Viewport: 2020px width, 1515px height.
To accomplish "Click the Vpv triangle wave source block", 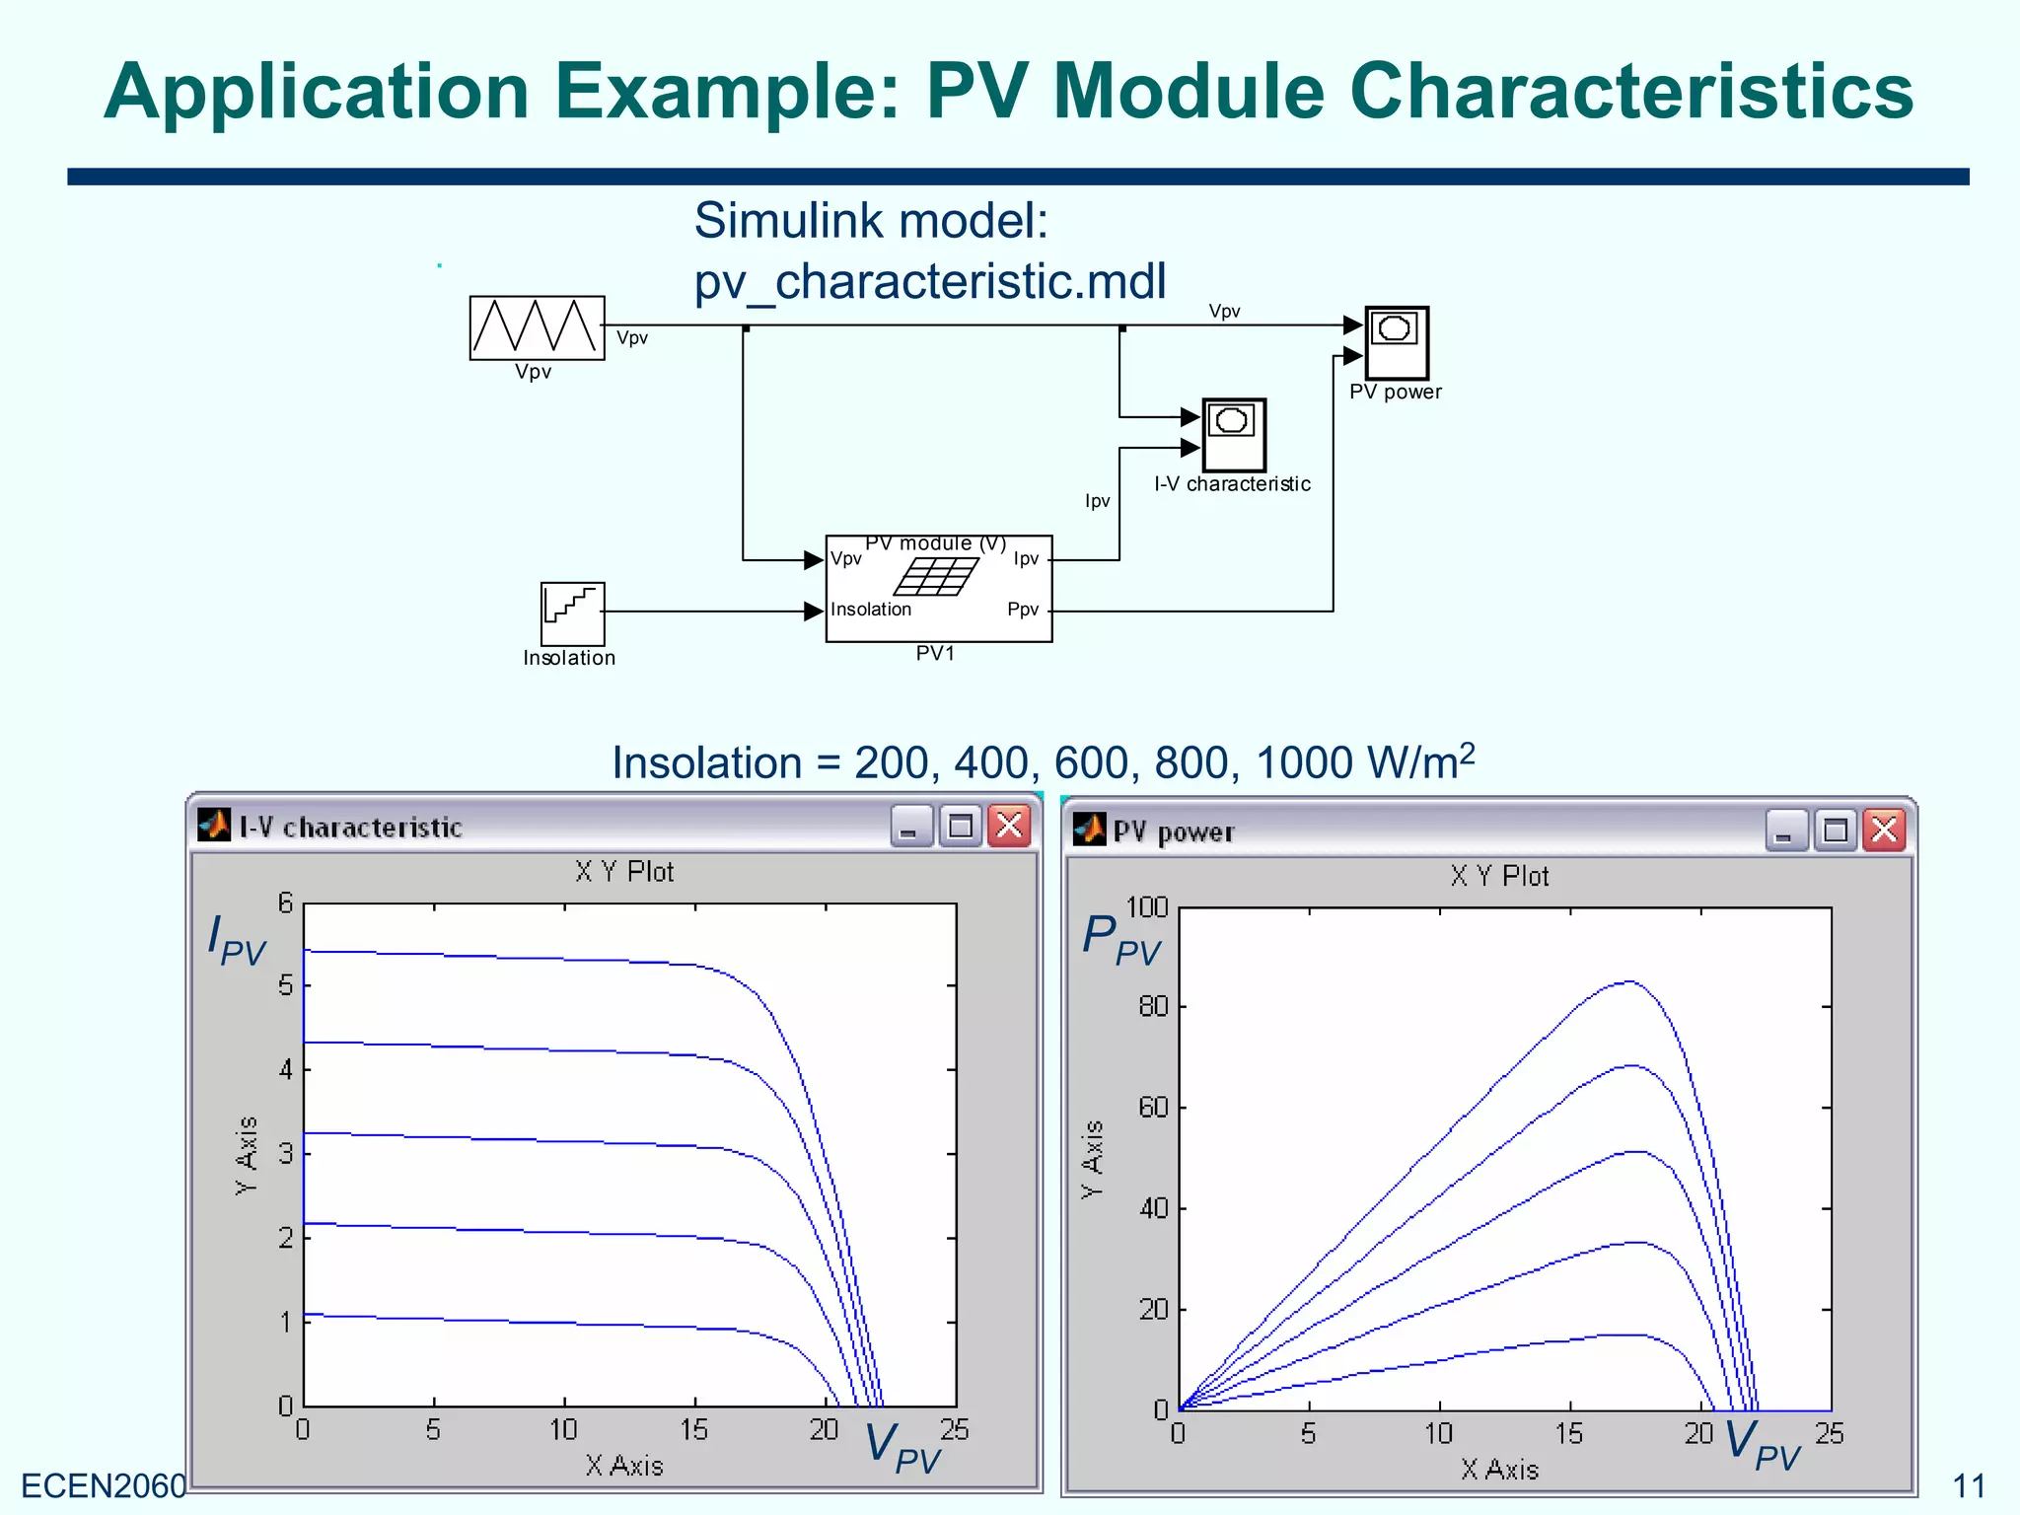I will tap(537, 327).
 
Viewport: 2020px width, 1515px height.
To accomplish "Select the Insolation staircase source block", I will tap(572, 613).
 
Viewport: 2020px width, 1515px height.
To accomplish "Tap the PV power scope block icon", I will tap(1397, 342).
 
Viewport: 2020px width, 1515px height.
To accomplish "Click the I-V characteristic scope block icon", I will tap(1233, 435).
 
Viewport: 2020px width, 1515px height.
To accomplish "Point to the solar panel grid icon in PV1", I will tap(936, 576).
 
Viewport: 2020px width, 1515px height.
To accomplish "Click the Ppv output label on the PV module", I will tap(1022, 610).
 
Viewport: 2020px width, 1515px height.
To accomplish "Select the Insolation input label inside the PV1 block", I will tap(870, 610).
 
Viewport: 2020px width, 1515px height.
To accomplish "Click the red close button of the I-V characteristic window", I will tap(1009, 826).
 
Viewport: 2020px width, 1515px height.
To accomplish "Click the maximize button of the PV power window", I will tap(1835, 830).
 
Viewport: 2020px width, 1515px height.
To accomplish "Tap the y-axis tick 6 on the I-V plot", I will tap(285, 902).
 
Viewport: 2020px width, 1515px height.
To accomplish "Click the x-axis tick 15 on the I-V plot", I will tap(693, 1429).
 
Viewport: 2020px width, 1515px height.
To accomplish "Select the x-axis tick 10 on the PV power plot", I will tap(1438, 1433).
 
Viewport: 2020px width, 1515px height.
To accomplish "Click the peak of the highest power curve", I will tap(1629, 981).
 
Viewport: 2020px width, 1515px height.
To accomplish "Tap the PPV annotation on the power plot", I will tap(1120, 939).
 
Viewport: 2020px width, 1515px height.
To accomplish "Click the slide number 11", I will tap(1969, 1485).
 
